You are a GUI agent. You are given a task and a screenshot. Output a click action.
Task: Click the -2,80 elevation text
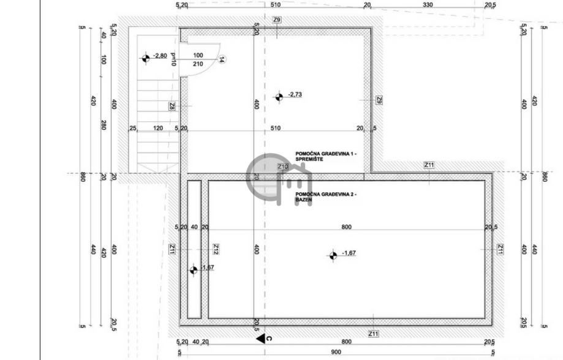point(160,56)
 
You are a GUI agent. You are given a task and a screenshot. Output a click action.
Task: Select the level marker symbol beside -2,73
point(278,96)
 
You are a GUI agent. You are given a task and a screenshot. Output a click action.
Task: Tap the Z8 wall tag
point(173,106)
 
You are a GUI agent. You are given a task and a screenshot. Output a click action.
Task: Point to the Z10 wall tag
point(282,166)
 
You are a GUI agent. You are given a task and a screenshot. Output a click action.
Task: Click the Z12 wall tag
point(216,249)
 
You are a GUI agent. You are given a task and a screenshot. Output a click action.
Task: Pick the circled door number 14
point(222,59)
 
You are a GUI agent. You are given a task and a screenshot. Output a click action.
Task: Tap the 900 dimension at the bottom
point(335,353)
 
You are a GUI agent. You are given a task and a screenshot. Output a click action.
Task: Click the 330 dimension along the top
point(428,5)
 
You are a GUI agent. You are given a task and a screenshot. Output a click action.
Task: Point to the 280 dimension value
point(104,126)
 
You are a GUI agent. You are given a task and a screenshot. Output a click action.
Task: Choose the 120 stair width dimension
point(157,129)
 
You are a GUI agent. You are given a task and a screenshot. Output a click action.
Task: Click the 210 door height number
point(198,64)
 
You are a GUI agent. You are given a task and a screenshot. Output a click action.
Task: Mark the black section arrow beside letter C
point(260,337)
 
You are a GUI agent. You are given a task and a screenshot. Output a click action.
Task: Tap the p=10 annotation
point(173,59)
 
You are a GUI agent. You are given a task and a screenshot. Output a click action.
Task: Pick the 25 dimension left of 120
point(133,129)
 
